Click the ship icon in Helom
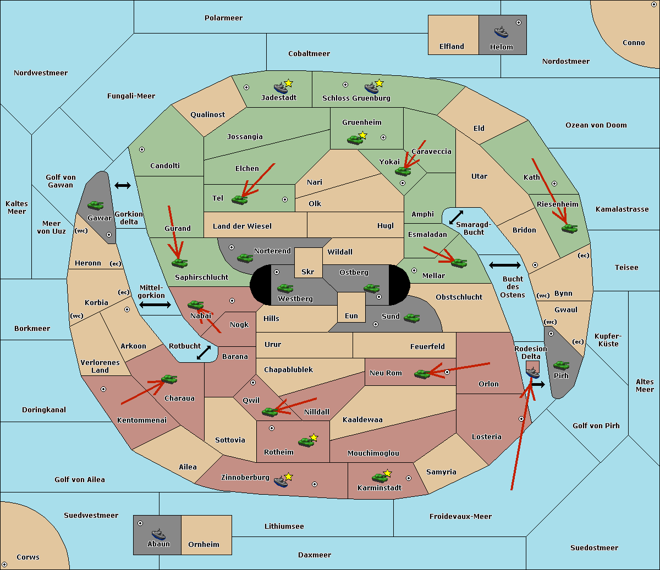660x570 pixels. (x=501, y=32)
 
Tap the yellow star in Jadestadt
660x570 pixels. (x=288, y=84)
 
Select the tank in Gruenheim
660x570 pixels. (x=355, y=140)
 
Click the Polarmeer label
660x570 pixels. (x=223, y=18)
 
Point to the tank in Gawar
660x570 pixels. (x=96, y=205)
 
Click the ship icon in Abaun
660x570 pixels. (x=158, y=534)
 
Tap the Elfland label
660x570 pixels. (x=452, y=47)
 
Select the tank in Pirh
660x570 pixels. (x=561, y=365)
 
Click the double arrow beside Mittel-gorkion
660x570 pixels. (x=155, y=305)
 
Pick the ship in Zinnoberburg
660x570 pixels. (x=281, y=482)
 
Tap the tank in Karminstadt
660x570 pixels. (x=380, y=478)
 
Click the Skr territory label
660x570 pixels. (x=308, y=272)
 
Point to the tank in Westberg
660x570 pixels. (x=285, y=288)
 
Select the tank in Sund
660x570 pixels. (x=411, y=318)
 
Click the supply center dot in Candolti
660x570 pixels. (x=142, y=150)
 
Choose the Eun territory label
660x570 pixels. (x=351, y=316)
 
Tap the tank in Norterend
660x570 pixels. (x=245, y=258)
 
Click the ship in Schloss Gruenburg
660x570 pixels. (x=371, y=87)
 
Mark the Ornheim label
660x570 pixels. (x=204, y=545)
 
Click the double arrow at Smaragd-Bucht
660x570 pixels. (x=456, y=217)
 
